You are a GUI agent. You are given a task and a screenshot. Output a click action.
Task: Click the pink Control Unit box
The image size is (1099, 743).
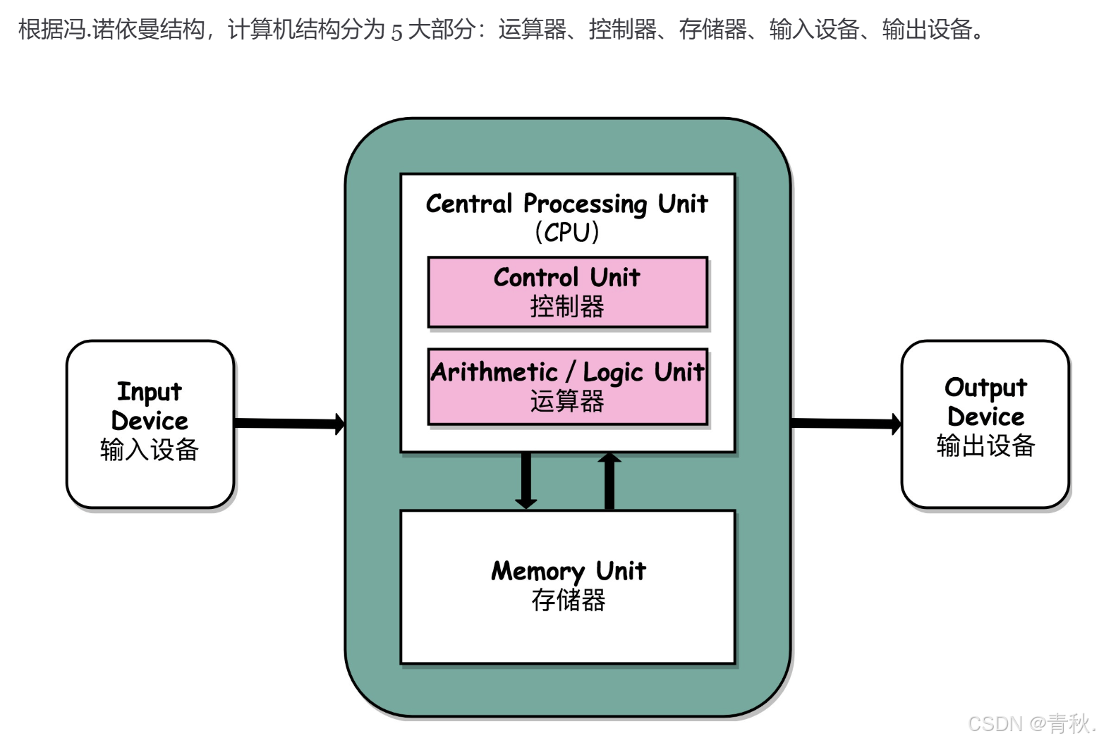click(x=568, y=292)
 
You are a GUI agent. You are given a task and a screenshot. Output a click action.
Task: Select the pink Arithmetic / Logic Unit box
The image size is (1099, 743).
click(x=568, y=386)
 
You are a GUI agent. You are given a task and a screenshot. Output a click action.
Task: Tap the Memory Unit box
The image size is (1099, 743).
click(x=568, y=587)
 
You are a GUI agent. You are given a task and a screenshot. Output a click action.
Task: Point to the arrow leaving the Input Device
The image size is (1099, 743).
click(x=289, y=424)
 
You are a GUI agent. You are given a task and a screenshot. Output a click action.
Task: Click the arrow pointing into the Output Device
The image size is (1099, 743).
click(x=846, y=424)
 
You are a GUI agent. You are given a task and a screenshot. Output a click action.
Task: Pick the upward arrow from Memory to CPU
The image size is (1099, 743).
click(x=609, y=481)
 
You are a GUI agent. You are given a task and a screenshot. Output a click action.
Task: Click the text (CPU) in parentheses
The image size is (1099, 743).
click(x=567, y=232)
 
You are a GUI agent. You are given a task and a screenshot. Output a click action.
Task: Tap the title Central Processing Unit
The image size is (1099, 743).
click(x=567, y=204)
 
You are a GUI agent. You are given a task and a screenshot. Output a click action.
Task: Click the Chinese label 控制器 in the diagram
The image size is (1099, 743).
click(x=567, y=307)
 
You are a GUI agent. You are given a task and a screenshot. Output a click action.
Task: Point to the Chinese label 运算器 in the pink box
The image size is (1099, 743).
click(x=567, y=401)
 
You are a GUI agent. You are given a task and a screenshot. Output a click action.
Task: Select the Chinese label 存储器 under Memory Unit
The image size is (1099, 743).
click(x=569, y=601)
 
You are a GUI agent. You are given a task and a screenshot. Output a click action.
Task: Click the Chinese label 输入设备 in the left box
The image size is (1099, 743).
click(x=150, y=450)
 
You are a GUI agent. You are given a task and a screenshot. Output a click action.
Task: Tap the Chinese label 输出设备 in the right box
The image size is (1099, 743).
click(x=985, y=446)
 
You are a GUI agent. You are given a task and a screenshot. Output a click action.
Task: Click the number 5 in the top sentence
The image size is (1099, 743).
click(x=396, y=31)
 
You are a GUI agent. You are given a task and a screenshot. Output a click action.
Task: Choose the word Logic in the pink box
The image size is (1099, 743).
click(x=613, y=372)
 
